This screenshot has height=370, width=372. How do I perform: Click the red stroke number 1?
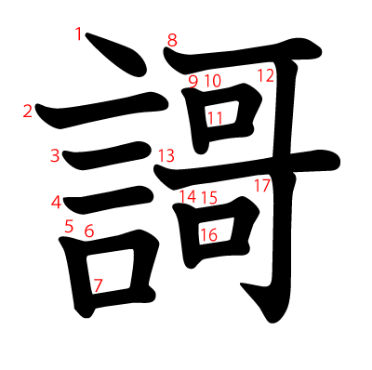(x=79, y=34)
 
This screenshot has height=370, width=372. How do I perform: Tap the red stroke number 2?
(x=28, y=112)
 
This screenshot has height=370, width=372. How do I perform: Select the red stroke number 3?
(x=55, y=155)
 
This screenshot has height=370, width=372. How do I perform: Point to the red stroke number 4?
(x=56, y=202)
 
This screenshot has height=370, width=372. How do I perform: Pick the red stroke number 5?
(x=69, y=225)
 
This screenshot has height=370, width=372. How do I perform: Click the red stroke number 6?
(x=89, y=231)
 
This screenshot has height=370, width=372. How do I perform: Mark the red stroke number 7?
(x=98, y=284)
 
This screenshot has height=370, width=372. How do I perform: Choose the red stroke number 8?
(x=172, y=39)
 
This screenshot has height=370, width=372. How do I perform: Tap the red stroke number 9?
(x=193, y=81)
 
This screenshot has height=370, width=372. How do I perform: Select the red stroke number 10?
(x=212, y=81)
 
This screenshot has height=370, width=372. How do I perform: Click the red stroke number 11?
(x=215, y=118)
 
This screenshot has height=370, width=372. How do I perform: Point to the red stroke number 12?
(x=266, y=75)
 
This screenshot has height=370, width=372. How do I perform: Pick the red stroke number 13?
(x=166, y=155)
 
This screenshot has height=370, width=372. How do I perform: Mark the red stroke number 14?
(x=188, y=197)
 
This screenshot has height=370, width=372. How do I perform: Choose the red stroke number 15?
(x=209, y=197)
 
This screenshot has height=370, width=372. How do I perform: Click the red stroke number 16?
(x=209, y=235)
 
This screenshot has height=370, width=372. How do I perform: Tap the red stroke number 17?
(x=262, y=185)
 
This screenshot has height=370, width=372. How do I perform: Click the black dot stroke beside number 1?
(x=116, y=56)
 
